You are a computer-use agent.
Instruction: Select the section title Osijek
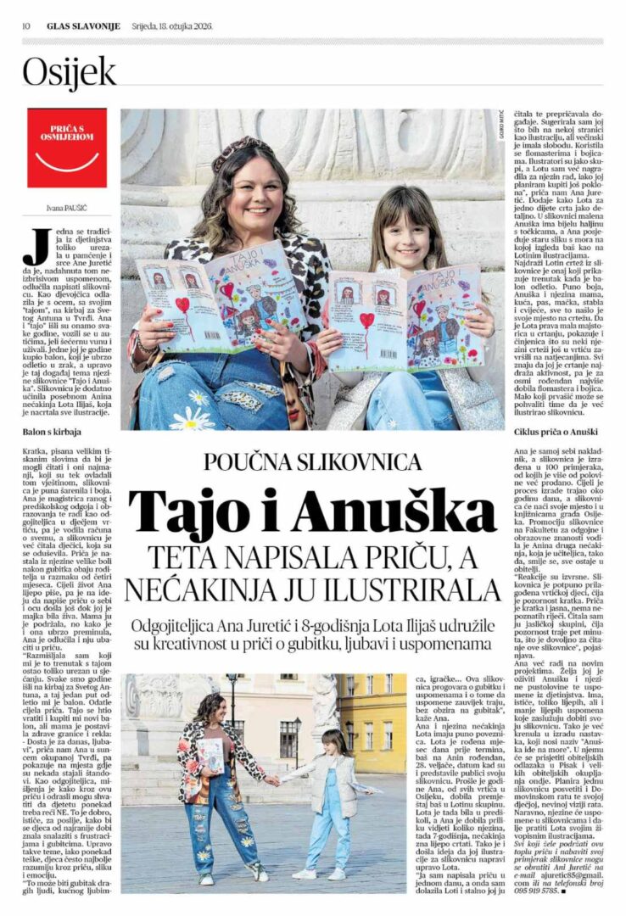(x=69, y=74)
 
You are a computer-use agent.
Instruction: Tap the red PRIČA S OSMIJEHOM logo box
(x=67, y=148)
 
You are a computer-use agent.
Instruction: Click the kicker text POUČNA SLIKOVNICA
(x=313, y=461)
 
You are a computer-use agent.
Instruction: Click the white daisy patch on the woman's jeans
(x=194, y=417)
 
